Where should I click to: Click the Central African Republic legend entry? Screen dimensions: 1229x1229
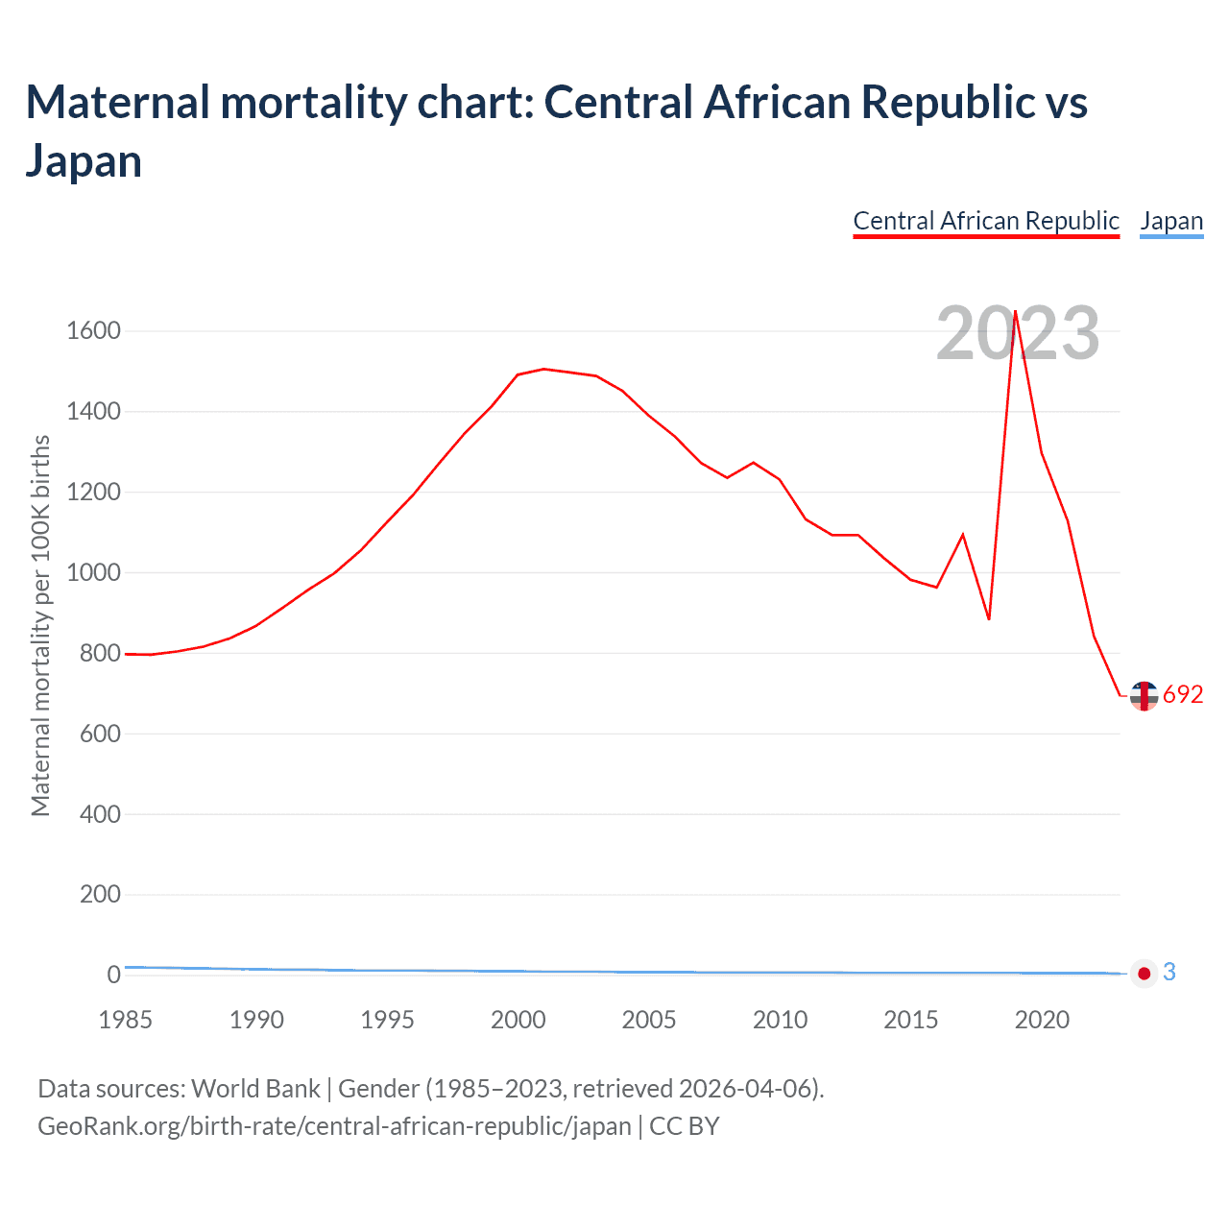[986, 221]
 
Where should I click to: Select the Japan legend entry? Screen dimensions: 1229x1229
[1171, 221]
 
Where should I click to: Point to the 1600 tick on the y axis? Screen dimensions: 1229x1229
[93, 331]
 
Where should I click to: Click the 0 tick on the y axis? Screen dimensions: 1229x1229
[113, 975]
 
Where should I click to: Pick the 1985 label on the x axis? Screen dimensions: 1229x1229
[125, 1020]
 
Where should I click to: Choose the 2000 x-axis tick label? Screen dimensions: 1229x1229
[518, 1020]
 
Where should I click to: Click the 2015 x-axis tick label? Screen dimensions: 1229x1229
[910, 1020]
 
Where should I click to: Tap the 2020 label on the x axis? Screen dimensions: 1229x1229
[1042, 1020]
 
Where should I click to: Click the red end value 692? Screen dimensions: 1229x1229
[1183, 695]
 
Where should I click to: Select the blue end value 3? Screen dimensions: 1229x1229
[1169, 973]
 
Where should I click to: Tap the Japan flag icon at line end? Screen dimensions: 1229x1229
[1144, 974]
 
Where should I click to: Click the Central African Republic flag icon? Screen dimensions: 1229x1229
[1144, 696]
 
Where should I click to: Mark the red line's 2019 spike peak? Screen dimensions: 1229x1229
[1015, 311]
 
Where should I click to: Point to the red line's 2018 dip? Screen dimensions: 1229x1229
[989, 619]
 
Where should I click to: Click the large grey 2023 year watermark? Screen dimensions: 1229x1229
[1018, 334]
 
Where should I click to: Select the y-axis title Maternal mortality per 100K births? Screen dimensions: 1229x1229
[40, 626]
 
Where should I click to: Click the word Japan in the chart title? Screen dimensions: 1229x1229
[84, 160]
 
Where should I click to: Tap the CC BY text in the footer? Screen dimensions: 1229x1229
[685, 1126]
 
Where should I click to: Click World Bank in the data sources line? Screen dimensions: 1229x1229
[255, 1089]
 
